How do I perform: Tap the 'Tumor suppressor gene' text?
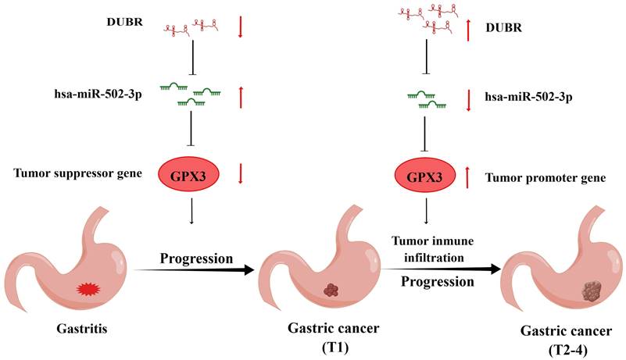click(x=78, y=173)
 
